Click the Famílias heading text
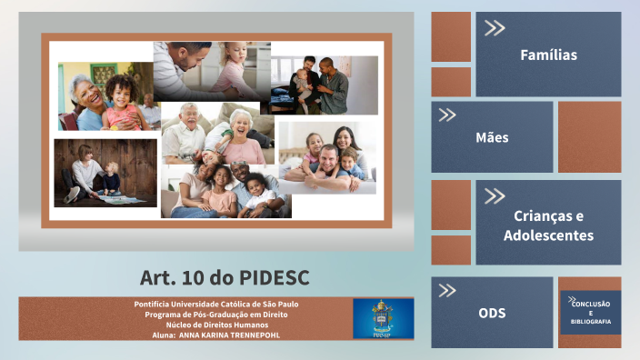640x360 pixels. [548, 55]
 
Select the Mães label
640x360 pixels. [492, 138]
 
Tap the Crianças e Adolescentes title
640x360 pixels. [548, 225]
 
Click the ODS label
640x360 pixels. [492, 313]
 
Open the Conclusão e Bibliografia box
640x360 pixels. [590, 312]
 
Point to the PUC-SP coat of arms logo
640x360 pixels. [383, 318]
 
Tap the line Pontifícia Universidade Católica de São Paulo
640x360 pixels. [215, 304]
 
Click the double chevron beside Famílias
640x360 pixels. [495, 28]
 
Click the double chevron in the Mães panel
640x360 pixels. [446, 115]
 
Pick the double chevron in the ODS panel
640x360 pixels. [446, 291]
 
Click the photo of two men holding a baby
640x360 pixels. [324, 85]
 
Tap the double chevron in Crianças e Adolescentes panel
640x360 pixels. [495, 195]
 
